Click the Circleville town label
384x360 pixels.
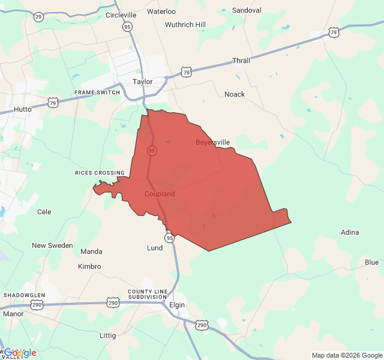tap(121, 14)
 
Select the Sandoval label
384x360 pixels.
tap(247, 10)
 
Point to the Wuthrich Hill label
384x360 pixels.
tap(185, 25)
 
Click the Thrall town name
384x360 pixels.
tap(241, 61)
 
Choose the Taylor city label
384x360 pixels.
tap(143, 82)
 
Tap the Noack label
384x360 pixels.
tap(235, 94)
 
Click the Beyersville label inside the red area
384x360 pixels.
tap(213, 142)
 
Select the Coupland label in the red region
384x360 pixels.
tap(160, 194)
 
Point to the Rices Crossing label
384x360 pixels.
tap(100, 173)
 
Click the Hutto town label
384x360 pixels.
tap(22, 110)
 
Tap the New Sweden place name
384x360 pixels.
tap(52, 245)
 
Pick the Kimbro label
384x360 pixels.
tap(89, 266)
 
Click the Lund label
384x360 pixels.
tap(155, 248)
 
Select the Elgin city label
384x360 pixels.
tap(177, 305)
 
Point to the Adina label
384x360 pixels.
tap(350, 232)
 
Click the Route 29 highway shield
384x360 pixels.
tap(38, 16)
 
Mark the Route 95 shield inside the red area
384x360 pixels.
tap(152, 151)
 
